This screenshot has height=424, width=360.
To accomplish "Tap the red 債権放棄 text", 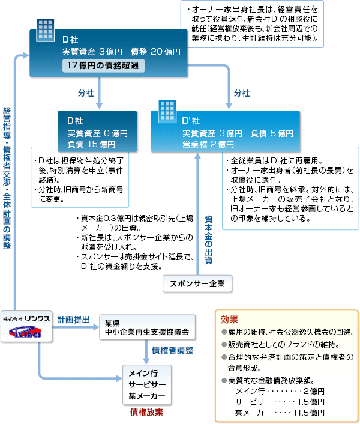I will (146, 413).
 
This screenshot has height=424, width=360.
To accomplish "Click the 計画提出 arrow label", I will (73, 320).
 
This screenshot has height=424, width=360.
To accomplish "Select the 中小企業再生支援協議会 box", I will (147, 327).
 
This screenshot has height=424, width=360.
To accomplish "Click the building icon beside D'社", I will (166, 107).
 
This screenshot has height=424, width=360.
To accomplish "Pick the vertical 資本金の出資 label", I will (208, 231).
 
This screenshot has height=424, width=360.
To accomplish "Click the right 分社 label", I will (242, 94).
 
